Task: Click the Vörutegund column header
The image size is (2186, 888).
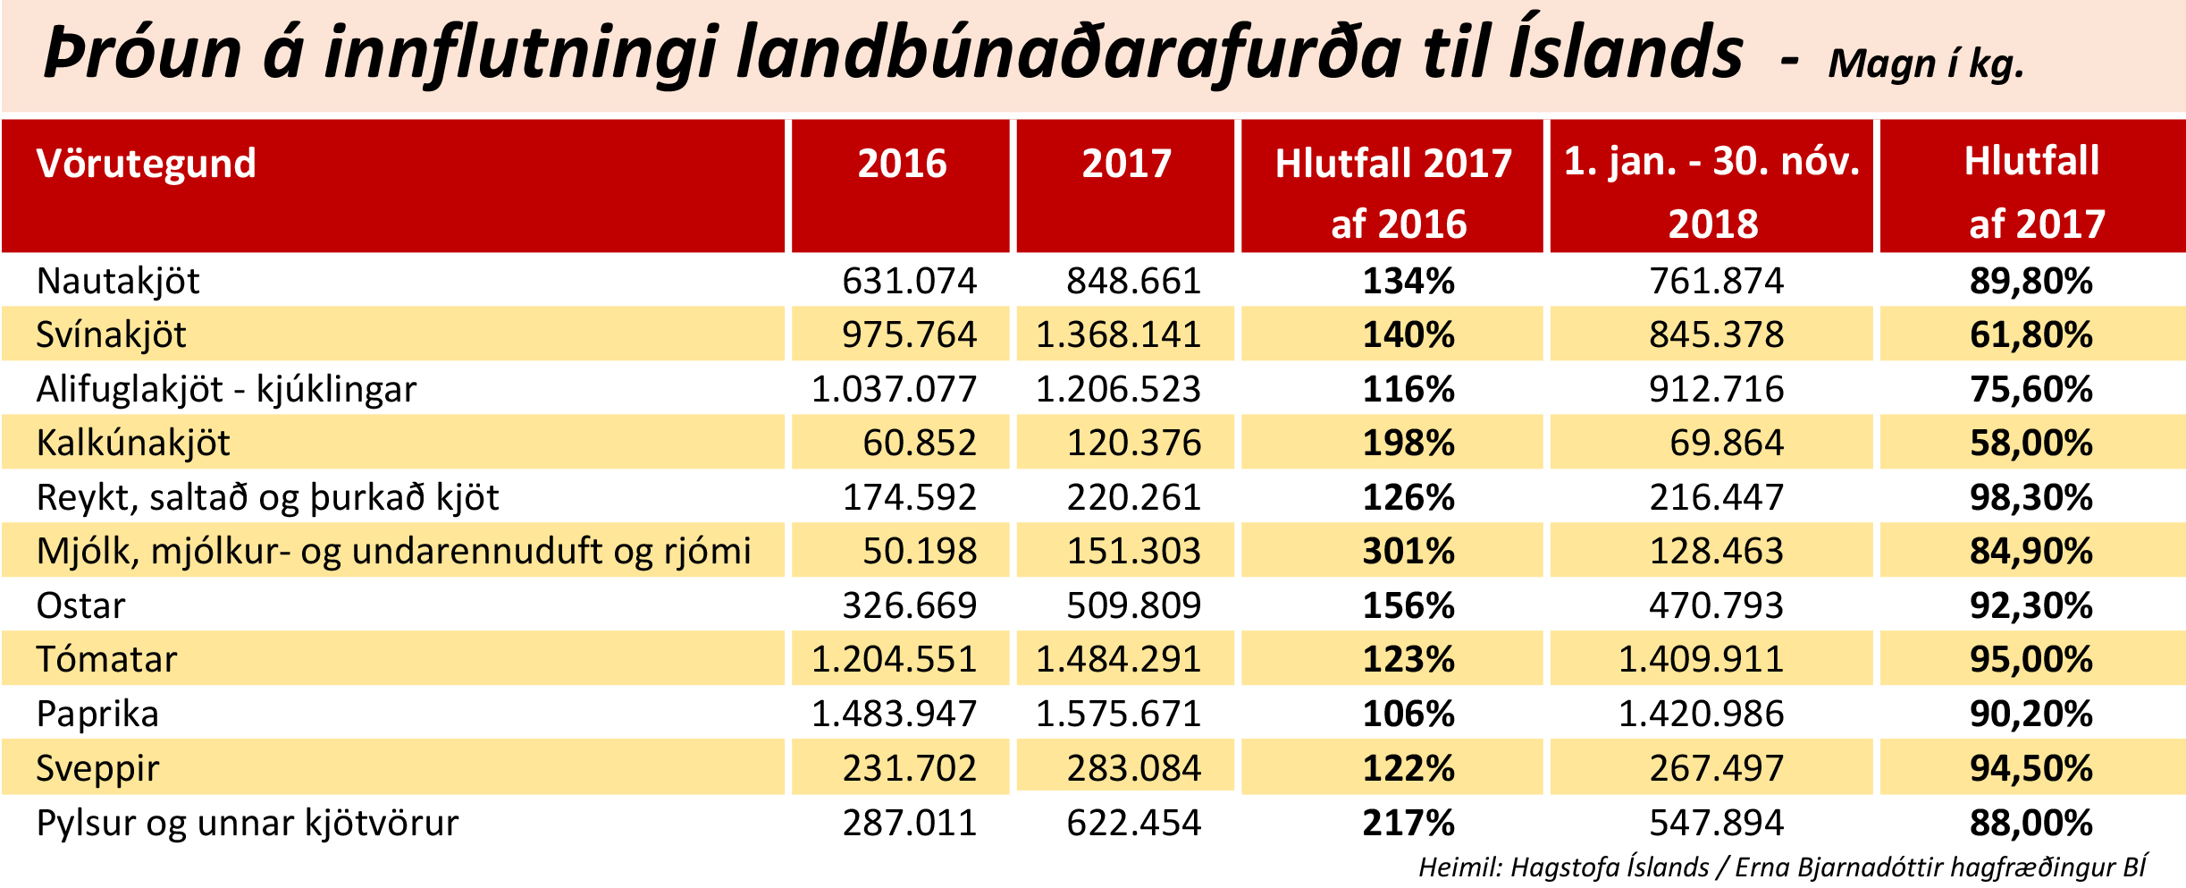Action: coord(147,164)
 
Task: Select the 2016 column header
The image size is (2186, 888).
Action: coord(902,164)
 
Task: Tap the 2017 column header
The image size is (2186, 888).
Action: coord(1126,164)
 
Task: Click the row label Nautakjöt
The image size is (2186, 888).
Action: coord(118,282)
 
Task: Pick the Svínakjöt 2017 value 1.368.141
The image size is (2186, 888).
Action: coord(1118,335)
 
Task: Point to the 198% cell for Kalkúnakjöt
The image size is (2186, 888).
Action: coord(1408,444)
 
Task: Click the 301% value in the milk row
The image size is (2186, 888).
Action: coord(1408,552)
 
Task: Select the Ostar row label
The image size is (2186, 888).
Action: coord(80,606)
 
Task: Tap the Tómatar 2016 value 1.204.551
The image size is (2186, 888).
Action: coord(894,660)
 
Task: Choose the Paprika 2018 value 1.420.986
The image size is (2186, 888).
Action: coord(1701,715)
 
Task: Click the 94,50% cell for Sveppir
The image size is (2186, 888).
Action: coord(2031,769)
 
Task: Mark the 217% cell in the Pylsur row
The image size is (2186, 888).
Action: coord(1408,824)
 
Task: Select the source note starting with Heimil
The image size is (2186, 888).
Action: coord(1782,867)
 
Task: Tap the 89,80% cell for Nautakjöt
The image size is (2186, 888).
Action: coord(2031,282)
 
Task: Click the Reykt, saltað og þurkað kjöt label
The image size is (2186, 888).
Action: coord(267,498)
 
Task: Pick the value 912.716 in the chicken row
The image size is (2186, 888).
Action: coord(1716,390)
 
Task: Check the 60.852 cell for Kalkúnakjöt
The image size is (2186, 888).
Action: coord(919,444)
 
